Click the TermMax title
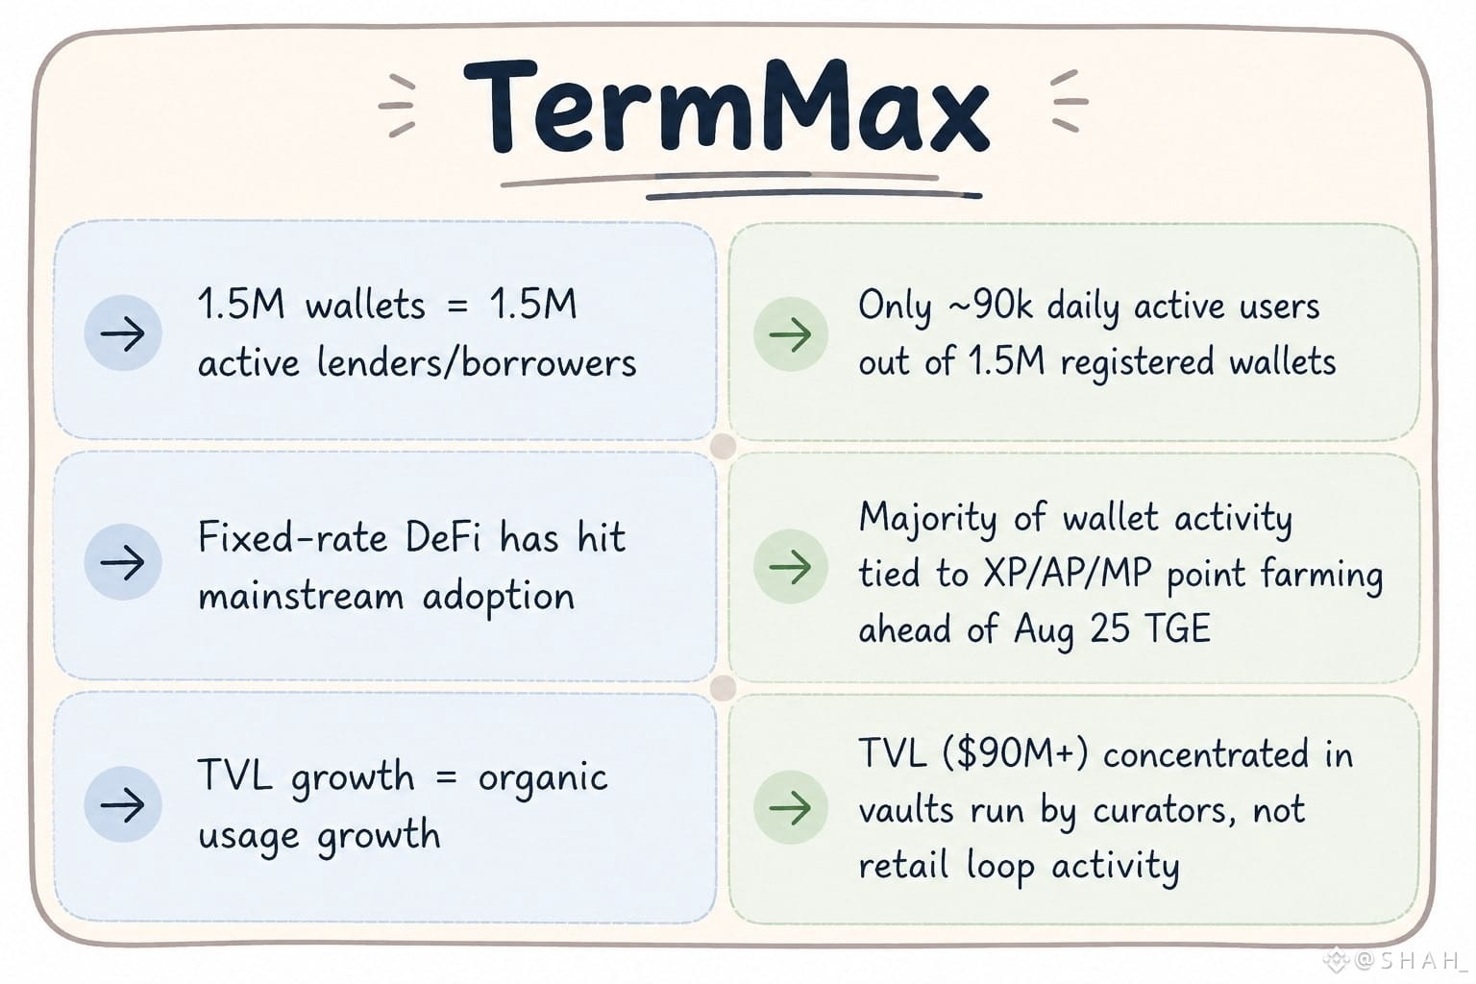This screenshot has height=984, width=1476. [726, 108]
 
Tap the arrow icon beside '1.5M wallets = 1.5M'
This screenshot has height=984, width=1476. [123, 332]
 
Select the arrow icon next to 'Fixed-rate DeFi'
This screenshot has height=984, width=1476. [123, 562]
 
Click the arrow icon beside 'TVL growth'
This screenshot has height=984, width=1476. [123, 804]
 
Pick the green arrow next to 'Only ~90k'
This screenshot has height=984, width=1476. [790, 334]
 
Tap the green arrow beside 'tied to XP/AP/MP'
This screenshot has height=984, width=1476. [790, 566]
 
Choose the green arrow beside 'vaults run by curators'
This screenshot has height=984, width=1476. [790, 807]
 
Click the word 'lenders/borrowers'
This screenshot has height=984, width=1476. [477, 362]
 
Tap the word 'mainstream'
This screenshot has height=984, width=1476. [301, 597]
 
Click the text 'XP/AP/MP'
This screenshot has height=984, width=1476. [1068, 574]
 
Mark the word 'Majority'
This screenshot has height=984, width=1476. [927, 519]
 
